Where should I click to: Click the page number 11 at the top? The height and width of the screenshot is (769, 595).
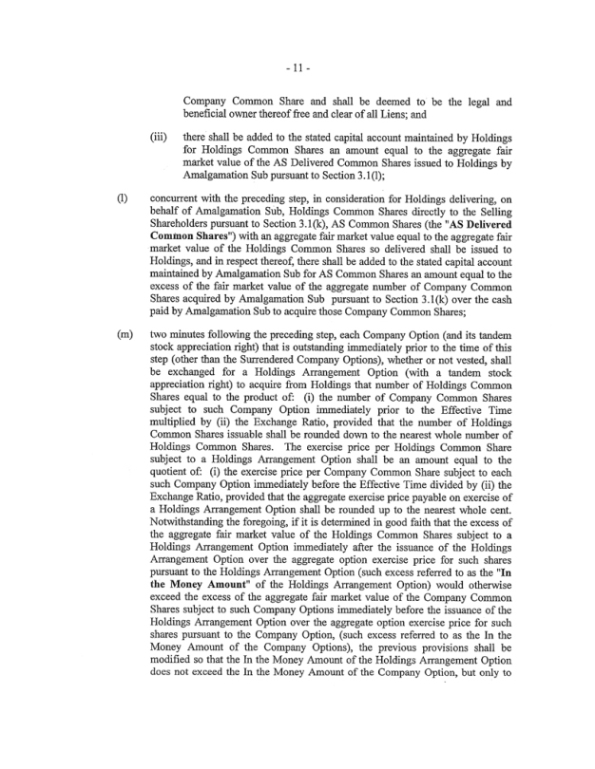tap(297, 68)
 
